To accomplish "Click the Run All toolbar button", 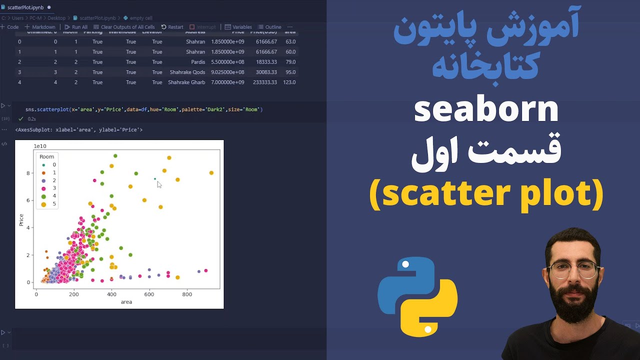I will pyautogui.click(x=76, y=27).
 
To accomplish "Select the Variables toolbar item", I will pyautogui.click(x=238, y=27).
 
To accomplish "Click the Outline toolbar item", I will pyautogui.click(x=269, y=27).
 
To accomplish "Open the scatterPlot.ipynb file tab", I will pyautogui.click(x=25, y=7).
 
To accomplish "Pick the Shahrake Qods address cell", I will pyautogui.click(x=187, y=72).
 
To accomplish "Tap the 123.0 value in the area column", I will pyautogui.click(x=289, y=82).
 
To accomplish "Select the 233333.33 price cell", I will pyautogui.click(x=265, y=82).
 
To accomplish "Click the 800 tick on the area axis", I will pyautogui.click(x=187, y=294).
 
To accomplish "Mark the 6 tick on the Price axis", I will pyautogui.click(x=29, y=200).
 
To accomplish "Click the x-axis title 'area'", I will pyautogui.click(x=126, y=302).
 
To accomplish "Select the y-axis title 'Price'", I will pyautogui.click(x=21, y=220).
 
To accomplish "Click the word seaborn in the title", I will pyautogui.click(x=486, y=110).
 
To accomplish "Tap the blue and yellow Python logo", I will pyautogui.click(x=417, y=297).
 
